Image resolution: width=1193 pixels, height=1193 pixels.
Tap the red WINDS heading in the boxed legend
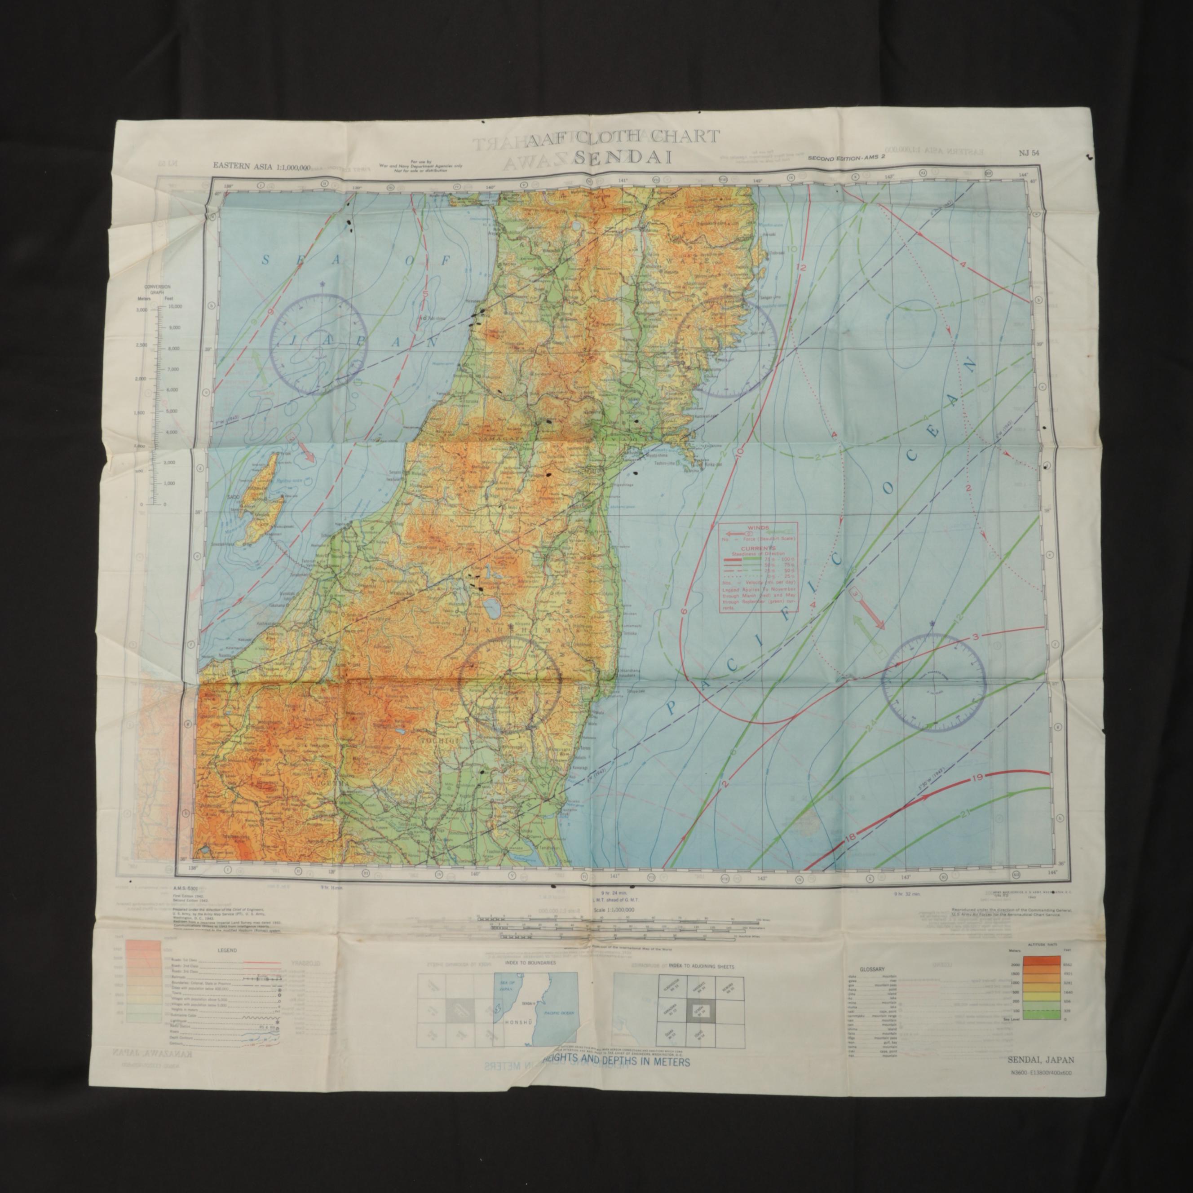757,528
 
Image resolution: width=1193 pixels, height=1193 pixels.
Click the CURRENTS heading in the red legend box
758,548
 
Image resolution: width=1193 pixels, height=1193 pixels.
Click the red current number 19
976,778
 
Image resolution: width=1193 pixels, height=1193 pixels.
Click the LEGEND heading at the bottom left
227,951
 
